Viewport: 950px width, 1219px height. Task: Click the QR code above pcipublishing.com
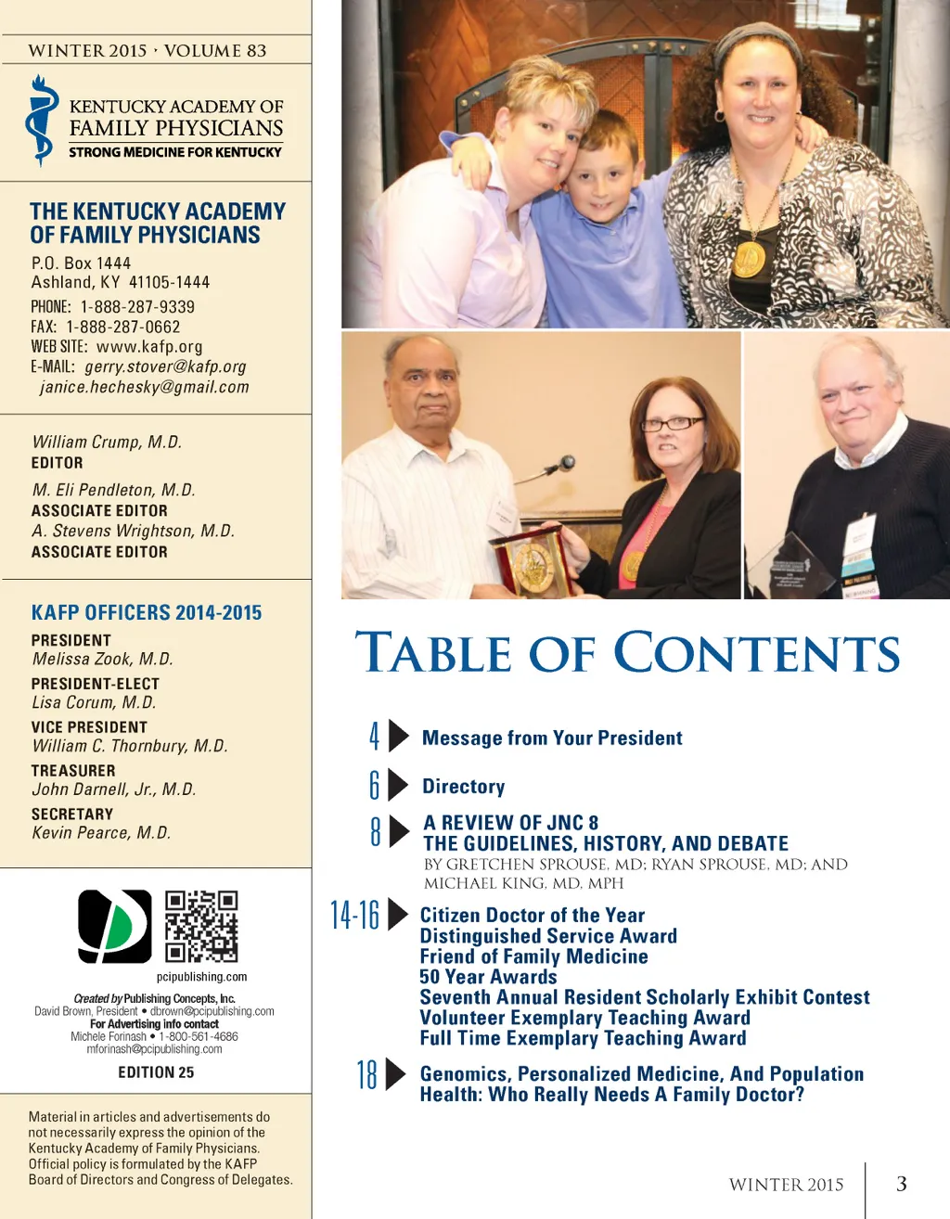pyautogui.click(x=201, y=926)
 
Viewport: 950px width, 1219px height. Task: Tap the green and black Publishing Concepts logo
pyautogui.click(x=114, y=926)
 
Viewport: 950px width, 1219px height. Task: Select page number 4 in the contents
pyautogui.click(x=374, y=737)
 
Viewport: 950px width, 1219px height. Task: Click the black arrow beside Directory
pyautogui.click(x=398, y=785)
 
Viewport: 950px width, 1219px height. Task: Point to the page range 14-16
pyautogui.click(x=355, y=915)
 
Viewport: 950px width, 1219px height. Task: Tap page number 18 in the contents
pyautogui.click(x=367, y=1074)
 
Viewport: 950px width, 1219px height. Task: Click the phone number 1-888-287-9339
pyautogui.click(x=137, y=307)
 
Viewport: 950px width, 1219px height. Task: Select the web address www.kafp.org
pyautogui.click(x=149, y=347)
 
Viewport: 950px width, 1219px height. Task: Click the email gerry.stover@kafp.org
pyautogui.click(x=165, y=367)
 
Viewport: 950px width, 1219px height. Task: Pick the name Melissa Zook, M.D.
pyautogui.click(x=103, y=660)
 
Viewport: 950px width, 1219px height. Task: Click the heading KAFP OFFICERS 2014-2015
pyautogui.click(x=147, y=613)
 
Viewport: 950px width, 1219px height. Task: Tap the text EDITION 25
pyautogui.click(x=156, y=1072)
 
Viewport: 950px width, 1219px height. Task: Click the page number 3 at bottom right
pyautogui.click(x=901, y=1184)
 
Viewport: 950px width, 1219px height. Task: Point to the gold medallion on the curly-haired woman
pyautogui.click(x=750, y=259)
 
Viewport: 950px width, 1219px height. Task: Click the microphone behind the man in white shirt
pyautogui.click(x=565, y=462)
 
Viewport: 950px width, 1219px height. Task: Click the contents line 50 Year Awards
pyautogui.click(x=488, y=977)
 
